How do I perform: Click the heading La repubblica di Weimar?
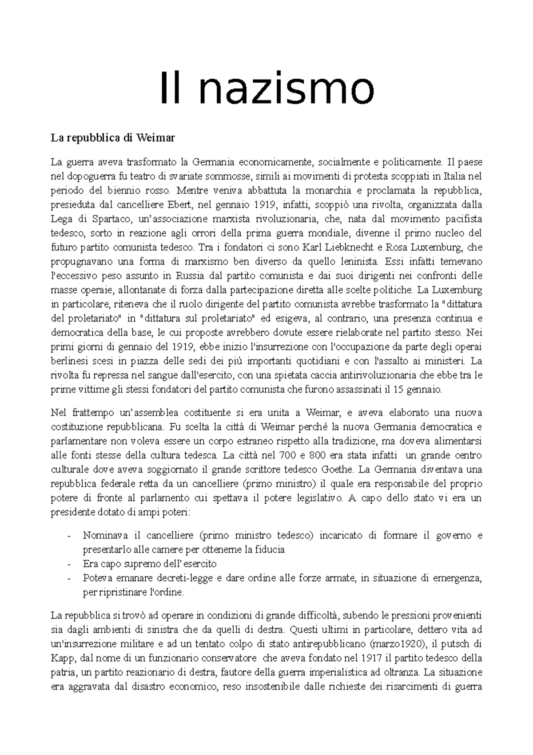pyautogui.click(x=113, y=138)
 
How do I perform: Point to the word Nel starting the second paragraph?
pyautogui.click(x=58, y=413)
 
